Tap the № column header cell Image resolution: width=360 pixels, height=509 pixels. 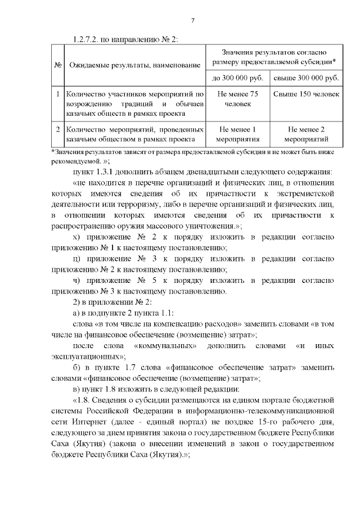tap(58, 65)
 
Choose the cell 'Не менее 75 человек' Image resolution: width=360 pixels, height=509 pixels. tap(237, 99)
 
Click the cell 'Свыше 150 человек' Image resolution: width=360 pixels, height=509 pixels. tap(306, 94)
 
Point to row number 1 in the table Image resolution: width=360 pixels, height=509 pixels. tap(58, 94)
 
